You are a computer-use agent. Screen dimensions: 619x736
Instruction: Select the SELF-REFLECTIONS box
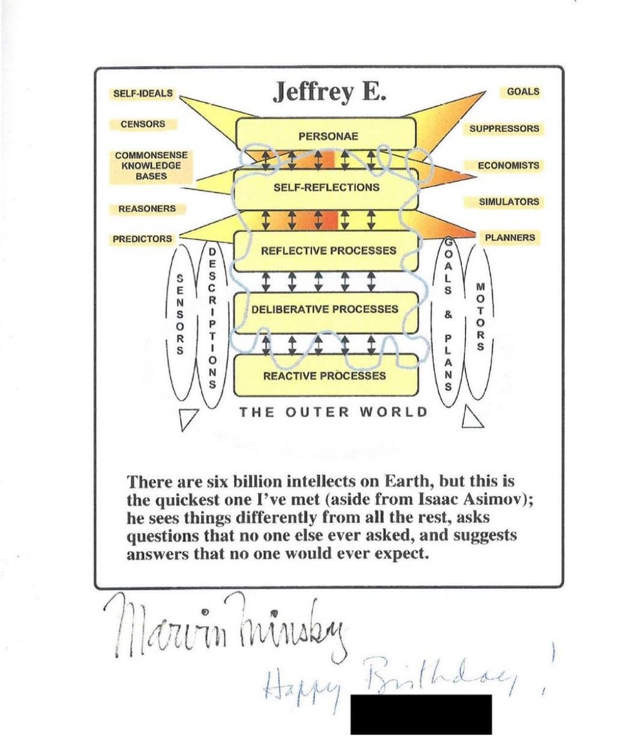click(326, 189)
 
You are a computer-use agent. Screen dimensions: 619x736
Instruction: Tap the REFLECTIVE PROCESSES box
click(326, 251)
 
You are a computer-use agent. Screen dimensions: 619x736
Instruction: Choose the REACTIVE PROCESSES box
click(326, 375)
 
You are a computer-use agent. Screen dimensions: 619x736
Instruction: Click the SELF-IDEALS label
click(143, 93)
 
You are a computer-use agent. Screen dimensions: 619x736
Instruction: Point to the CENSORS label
click(143, 124)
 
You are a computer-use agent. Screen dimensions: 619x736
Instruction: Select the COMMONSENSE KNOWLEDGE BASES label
click(151, 165)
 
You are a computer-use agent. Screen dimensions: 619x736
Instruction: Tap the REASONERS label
click(146, 209)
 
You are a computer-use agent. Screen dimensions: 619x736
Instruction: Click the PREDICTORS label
click(142, 239)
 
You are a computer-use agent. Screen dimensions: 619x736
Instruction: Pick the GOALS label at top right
click(523, 91)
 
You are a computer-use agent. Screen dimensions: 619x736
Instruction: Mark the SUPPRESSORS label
click(504, 129)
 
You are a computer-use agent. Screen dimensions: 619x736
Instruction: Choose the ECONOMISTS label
click(508, 165)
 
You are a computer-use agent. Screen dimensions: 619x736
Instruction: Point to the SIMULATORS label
click(509, 202)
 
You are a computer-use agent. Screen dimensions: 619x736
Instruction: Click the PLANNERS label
click(510, 238)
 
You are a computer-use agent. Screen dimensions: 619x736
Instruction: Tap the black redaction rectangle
click(421, 715)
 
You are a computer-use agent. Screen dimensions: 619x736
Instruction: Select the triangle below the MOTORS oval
click(471, 417)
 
